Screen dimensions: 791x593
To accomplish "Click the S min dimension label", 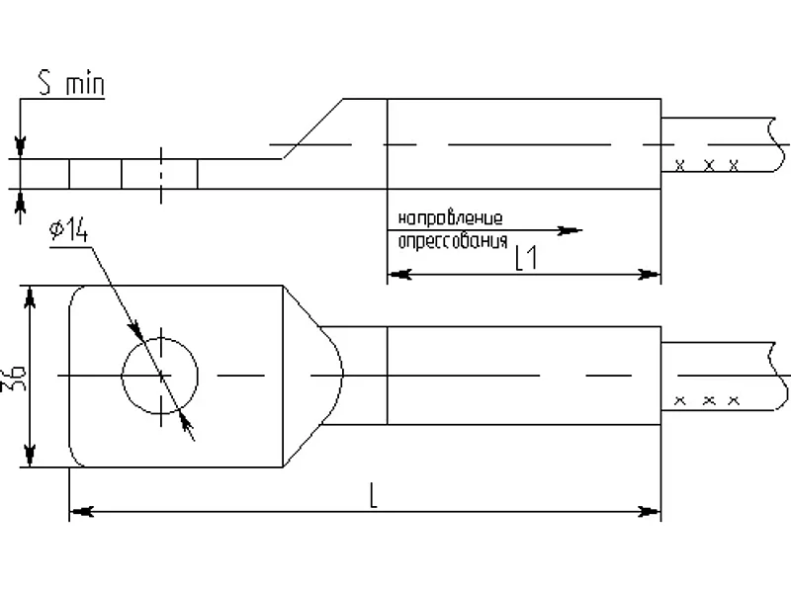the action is click(x=71, y=84).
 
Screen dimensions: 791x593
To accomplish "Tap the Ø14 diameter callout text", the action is click(x=68, y=230).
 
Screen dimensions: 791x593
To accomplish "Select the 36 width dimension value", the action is click(x=18, y=376).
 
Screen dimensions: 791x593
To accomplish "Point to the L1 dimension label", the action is click(x=526, y=258).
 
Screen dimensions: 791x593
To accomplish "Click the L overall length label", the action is click(x=374, y=495).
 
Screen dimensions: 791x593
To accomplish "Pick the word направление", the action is click(x=451, y=218).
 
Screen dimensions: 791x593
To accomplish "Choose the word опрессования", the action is click(x=453, y=241).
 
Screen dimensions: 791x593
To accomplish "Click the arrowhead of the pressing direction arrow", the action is click(x=571, y=230).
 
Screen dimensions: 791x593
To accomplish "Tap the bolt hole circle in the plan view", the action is click(x=160, y=338).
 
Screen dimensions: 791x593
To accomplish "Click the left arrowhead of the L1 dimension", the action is click(x=399, y=275).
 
